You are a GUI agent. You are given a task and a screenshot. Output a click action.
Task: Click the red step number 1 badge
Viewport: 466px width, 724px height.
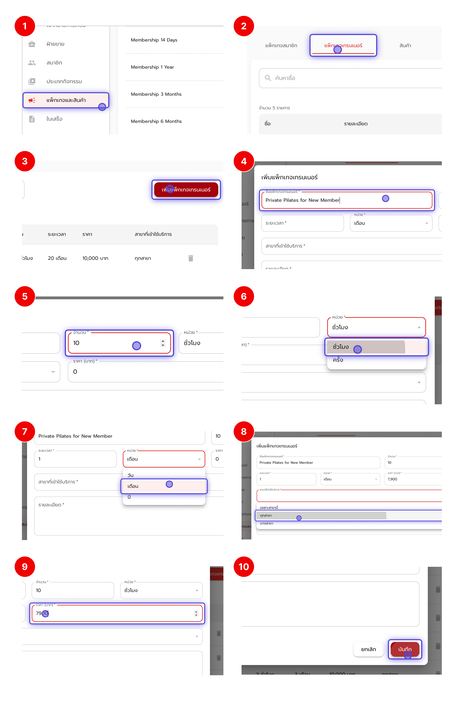click(25, 26)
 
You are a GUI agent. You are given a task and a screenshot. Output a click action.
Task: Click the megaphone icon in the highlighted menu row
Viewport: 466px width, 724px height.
click(32, 100)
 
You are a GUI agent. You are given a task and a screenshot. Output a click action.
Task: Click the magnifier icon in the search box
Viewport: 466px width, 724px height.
click(268, 78)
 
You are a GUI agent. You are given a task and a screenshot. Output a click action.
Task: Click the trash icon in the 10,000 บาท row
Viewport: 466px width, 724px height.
click(191, 258)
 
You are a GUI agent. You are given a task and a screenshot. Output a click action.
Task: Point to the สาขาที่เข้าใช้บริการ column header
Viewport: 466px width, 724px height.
click(153, 234)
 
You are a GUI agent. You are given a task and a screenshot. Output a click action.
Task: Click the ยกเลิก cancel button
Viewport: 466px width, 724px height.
click(368, 649)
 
